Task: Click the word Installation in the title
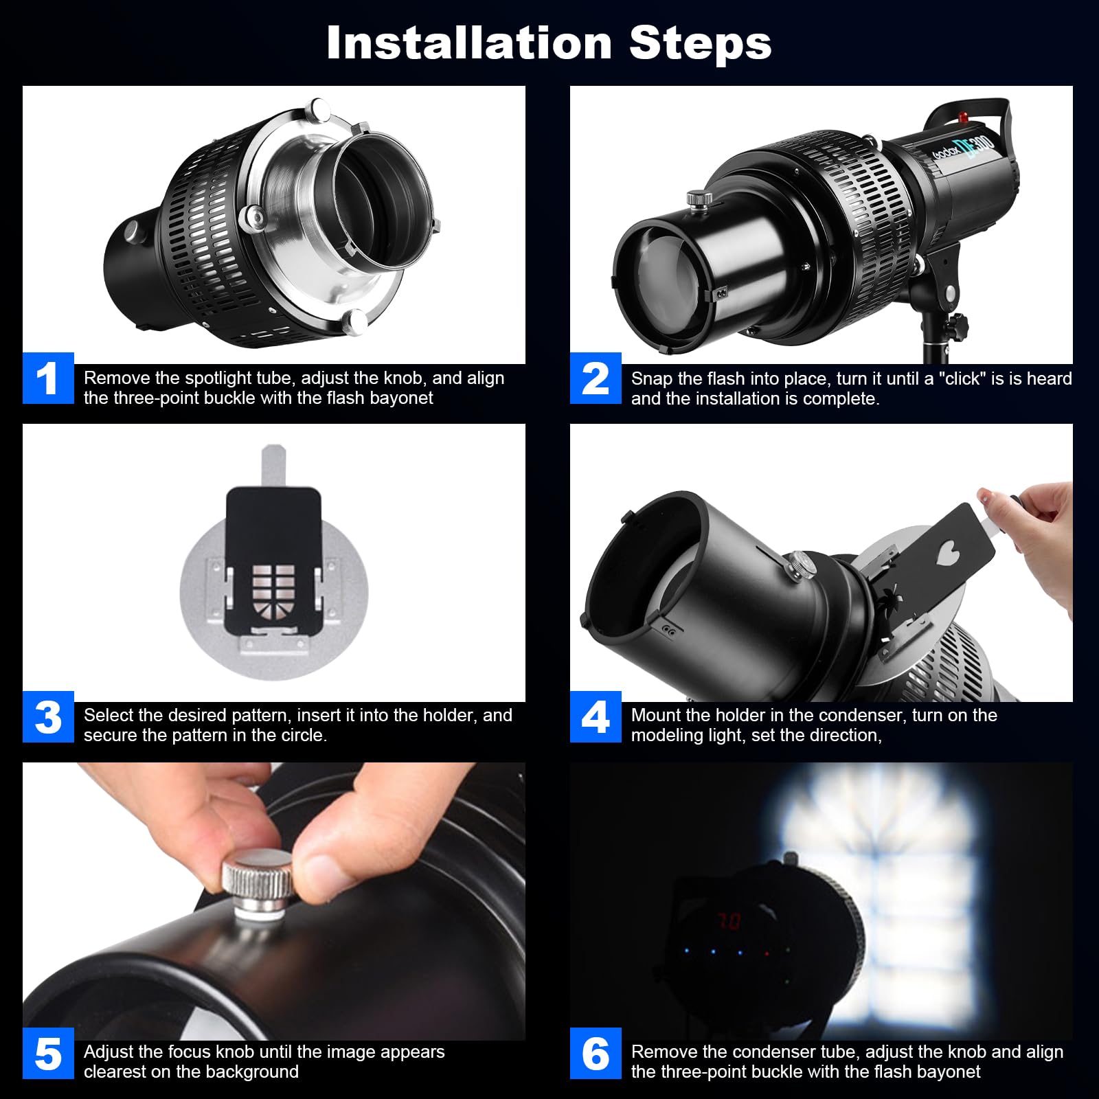click(x=469, y=43)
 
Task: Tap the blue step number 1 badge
click(x=48, y=378)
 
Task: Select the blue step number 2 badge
click(x=596, y=378)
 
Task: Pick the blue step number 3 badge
click(x=48, y=717)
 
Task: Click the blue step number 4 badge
click(x=596, y=717)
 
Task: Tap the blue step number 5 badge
click(x=48, y=1054)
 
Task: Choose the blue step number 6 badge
click(x=596, y=1054)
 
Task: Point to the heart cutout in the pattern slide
click(x=949, y=551)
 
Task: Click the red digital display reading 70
click(x=729, y=920)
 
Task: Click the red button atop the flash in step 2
click(x=964, y=115)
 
